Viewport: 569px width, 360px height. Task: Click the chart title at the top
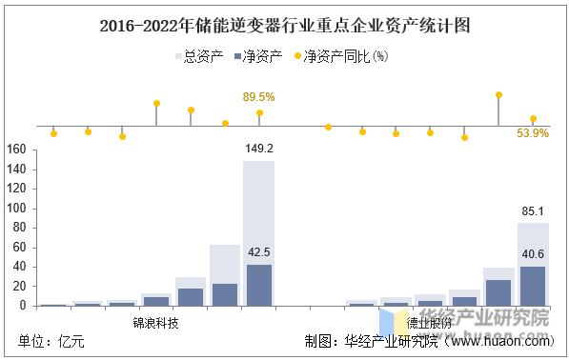(284, 26)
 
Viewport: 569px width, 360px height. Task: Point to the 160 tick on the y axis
(15, 150)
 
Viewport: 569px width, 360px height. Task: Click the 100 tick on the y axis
(15, 209)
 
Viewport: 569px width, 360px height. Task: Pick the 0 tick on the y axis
(23, 306)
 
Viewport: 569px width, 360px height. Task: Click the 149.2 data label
(258, 149)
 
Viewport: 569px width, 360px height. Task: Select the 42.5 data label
(258, 252)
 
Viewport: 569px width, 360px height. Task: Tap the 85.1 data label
(533, 210)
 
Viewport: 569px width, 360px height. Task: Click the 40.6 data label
(533, 254)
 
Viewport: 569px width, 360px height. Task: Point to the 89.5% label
(258, 97)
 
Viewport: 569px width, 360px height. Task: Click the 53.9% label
(533, 134)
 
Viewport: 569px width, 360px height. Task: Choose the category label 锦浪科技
(155, 322)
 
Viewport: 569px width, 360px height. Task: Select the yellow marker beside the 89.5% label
(259, 113)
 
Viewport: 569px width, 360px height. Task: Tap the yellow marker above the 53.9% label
(533, 119)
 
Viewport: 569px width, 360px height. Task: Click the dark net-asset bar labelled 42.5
(258, 285)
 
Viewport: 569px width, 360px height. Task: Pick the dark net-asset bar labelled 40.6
(533, 286)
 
